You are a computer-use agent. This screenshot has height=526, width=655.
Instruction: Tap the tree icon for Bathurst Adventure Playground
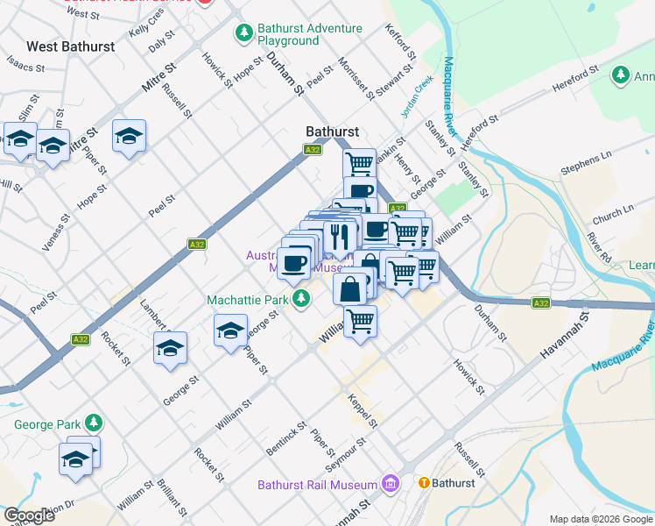243,34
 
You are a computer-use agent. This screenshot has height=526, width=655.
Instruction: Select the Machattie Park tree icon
301,300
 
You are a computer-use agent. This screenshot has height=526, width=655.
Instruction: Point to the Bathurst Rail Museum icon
390,484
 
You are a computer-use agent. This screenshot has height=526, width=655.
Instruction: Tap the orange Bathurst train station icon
424,483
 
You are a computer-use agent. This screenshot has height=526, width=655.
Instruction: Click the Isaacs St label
25,62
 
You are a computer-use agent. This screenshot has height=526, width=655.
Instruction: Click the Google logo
29,515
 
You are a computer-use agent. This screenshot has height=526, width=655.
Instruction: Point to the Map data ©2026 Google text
600,519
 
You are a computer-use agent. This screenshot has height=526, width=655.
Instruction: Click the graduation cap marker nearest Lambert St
171,347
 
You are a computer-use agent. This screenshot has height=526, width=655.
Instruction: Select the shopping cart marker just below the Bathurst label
359,162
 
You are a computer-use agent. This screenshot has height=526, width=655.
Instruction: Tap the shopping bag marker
349,288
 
